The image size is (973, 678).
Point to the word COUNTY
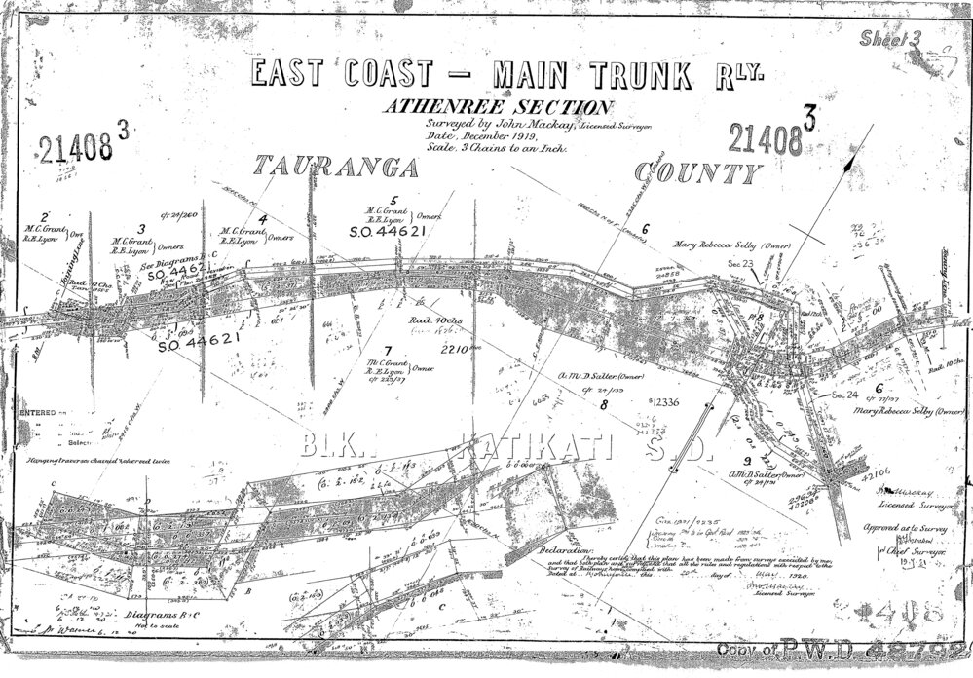(x=695, y=172)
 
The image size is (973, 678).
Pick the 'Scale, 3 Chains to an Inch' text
(x=496, y=152)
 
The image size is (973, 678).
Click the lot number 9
(x=746, y=459)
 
